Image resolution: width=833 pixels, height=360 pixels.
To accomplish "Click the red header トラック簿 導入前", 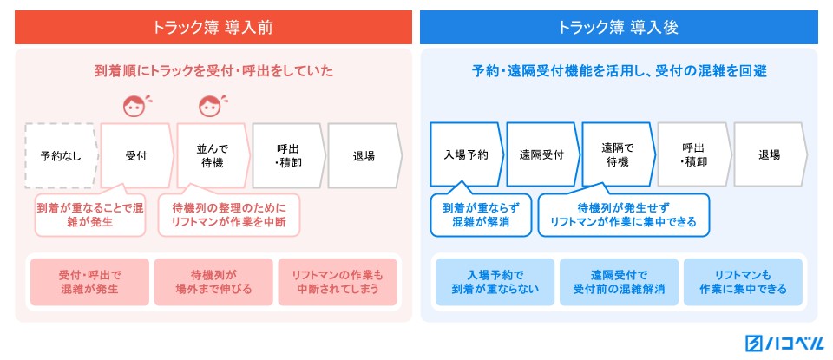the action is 213,28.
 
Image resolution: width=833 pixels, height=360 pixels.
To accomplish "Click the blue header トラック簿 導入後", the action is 619,28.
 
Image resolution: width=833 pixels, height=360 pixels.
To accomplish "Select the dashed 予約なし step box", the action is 62,155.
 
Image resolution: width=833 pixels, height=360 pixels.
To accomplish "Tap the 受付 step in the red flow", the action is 137,155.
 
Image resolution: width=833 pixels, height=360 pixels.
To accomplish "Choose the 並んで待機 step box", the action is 213,155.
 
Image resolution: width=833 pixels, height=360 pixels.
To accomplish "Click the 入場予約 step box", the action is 467,154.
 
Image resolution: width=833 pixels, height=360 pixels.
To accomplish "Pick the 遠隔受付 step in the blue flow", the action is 542,154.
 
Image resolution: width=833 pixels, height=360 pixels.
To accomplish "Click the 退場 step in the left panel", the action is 365,155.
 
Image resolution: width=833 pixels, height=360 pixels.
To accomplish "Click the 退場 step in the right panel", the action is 771,154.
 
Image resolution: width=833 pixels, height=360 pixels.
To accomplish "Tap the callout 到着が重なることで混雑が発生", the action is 89,213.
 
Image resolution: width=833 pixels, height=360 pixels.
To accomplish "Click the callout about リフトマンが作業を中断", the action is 229,213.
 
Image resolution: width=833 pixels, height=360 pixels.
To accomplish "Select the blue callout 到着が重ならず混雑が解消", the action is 481,213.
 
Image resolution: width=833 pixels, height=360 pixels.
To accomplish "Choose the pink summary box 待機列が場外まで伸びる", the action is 213,282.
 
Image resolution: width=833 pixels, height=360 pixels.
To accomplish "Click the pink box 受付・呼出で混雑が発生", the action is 89,282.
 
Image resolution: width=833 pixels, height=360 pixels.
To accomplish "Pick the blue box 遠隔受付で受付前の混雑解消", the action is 619,282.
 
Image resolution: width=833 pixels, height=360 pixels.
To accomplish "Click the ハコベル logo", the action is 784,343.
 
